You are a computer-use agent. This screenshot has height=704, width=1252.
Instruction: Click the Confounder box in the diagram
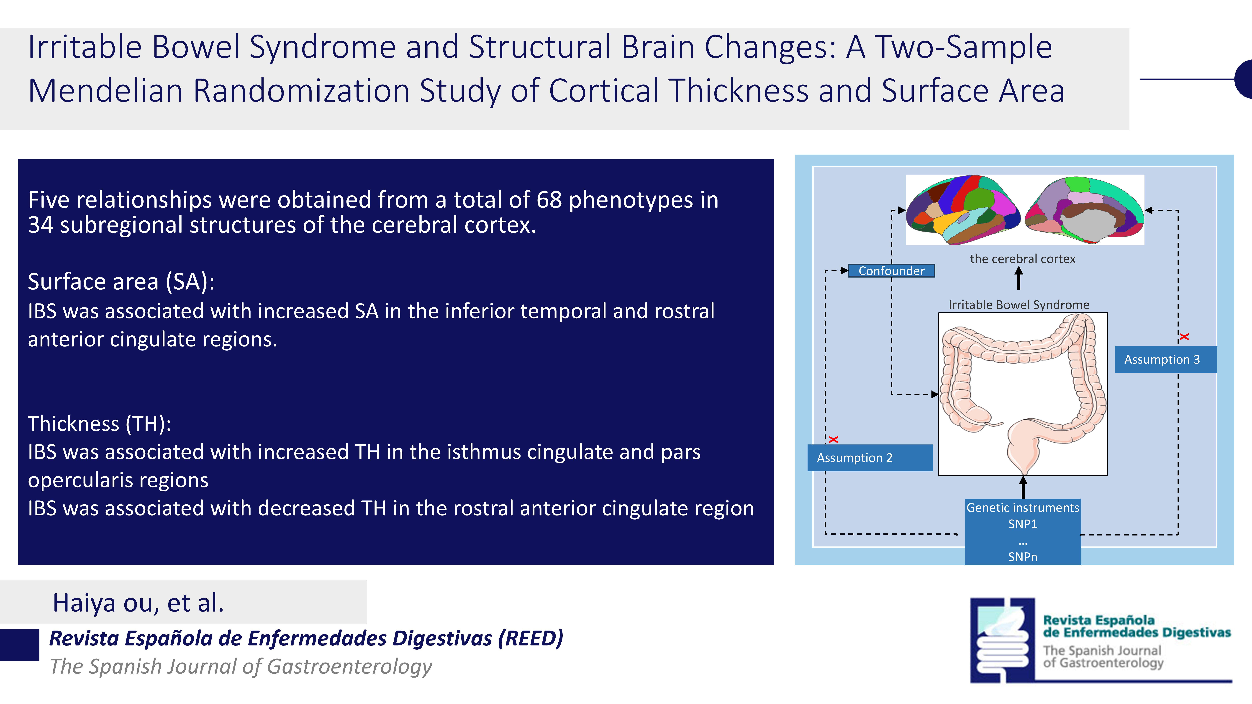(891, 271)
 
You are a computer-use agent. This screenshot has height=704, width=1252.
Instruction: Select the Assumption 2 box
(870, 458)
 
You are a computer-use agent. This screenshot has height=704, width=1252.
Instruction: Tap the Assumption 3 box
(1165, 360)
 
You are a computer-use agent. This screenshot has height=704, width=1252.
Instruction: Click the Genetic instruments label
(1023, 508)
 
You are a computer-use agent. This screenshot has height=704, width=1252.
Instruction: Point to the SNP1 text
(1023, 524)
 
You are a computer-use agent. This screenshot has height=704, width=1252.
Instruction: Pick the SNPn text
(1023, 557)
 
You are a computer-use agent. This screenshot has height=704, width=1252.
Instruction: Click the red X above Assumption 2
(834, 439)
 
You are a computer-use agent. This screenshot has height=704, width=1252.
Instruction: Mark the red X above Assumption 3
(1184, 336)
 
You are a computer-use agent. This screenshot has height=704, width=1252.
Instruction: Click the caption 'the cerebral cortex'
(1023, 259)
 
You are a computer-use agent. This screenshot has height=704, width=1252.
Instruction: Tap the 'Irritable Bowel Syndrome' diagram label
(1019, 305)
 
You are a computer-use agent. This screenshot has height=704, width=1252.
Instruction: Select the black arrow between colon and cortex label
(1019, 278)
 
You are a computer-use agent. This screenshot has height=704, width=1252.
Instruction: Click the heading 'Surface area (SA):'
(121, 281)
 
